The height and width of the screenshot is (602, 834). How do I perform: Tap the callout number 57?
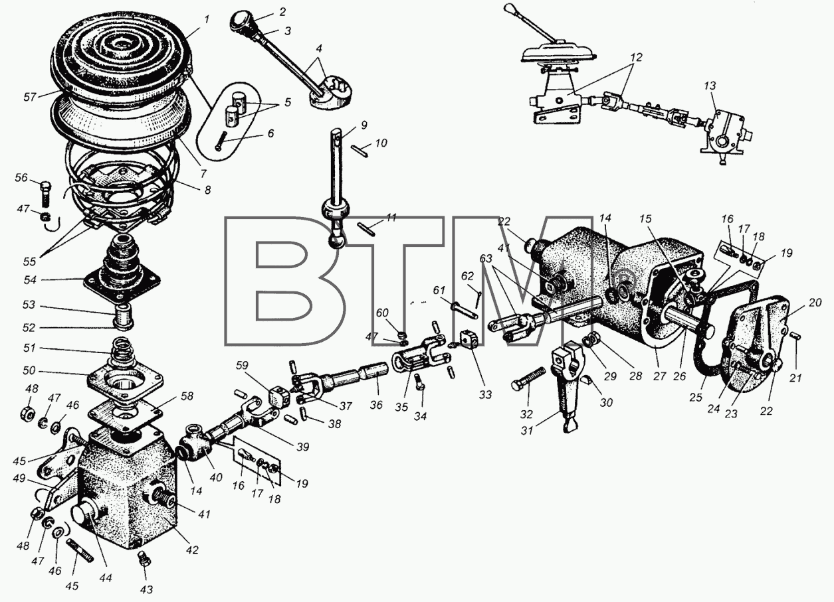(29, 97)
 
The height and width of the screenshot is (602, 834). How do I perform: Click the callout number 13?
(709, 86)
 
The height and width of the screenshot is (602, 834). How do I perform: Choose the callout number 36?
(376, 405)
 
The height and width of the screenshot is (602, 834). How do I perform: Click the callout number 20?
(815, 303)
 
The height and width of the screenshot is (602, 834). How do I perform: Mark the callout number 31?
(527, 431)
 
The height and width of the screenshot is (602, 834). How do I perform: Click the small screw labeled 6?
(221, 141)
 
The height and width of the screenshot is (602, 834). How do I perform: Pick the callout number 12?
(637, 57)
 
